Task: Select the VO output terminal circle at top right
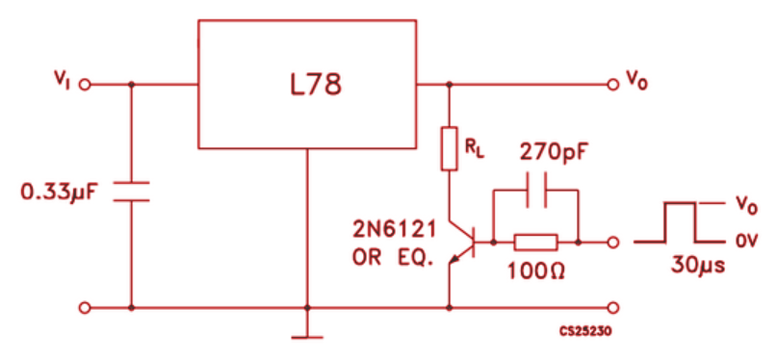[x=612, y=85]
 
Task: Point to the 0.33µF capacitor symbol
[x=131, y=190]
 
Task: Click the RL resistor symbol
[x=449, y=148]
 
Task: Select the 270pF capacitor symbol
[x=535, y=191]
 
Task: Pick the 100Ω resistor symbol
[x=535, y=242]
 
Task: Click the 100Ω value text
[x=534, y=270]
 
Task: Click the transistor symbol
[x=466, y=242]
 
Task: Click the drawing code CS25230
[x=586, y=330]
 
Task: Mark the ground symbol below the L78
[x=307, y=336]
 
